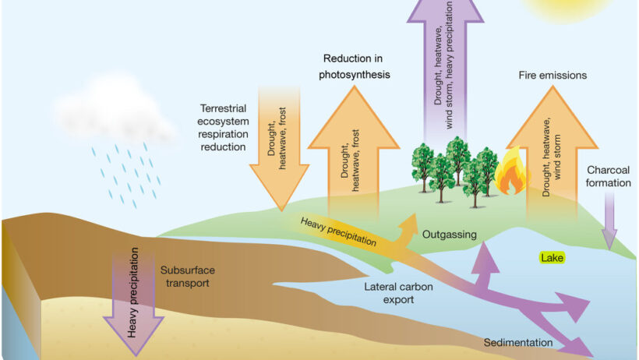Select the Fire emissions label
tap(552, 76)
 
